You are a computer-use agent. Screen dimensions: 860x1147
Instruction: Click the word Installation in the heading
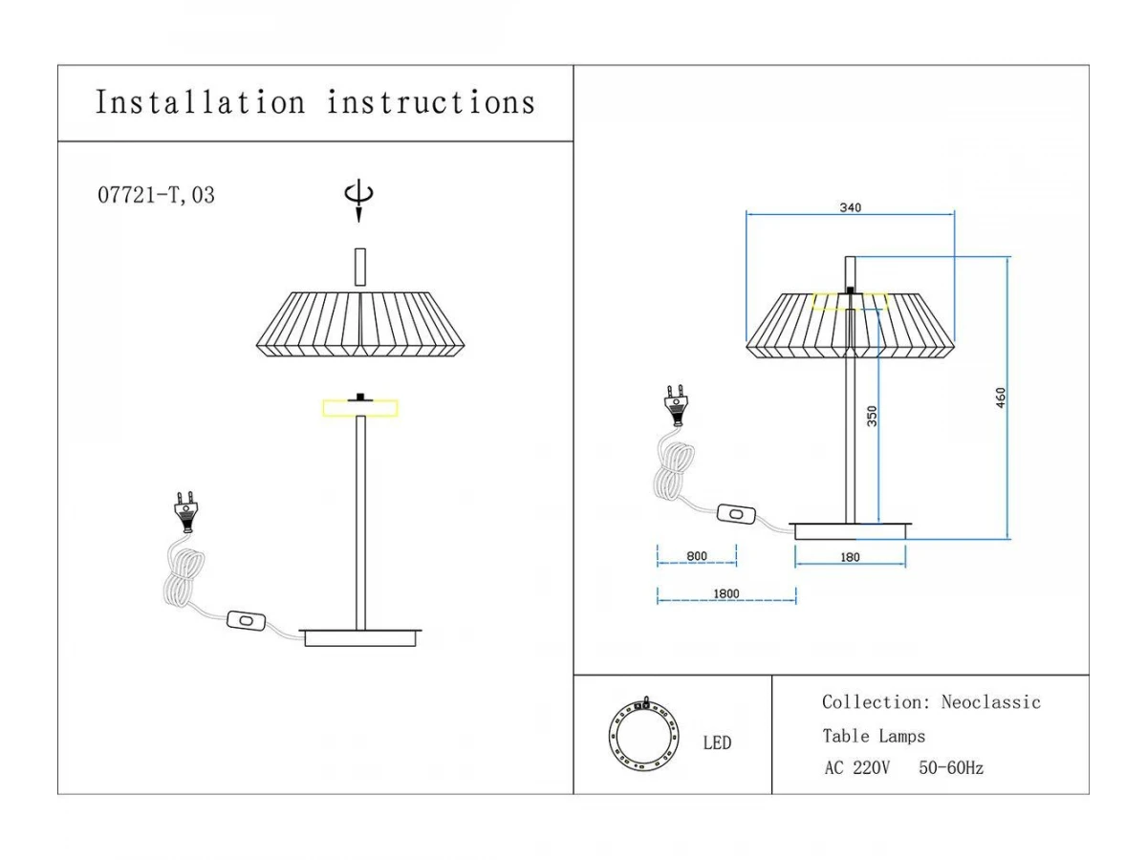[200, 102]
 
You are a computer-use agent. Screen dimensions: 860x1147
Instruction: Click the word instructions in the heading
[431, 102]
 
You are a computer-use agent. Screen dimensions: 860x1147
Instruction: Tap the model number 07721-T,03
[157, 196]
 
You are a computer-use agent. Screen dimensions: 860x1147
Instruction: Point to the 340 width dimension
[850, 207]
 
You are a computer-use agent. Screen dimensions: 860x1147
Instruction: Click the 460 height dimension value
[1000, 398]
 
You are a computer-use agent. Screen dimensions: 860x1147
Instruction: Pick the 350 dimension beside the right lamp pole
[872, 417]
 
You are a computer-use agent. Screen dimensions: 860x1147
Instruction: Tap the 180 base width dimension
[850, 558]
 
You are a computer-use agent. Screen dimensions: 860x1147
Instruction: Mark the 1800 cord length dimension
[726, 594]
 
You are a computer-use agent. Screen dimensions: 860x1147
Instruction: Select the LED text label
[718, 743]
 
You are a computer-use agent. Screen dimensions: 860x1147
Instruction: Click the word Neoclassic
[990, 702]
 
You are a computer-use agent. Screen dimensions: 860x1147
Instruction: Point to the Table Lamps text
[874, 737]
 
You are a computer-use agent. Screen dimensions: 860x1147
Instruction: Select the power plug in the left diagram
[184, 510]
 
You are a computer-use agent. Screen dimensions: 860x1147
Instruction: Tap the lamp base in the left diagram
[360, 637]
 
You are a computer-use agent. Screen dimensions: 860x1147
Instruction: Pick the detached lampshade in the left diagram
[360, 325]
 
